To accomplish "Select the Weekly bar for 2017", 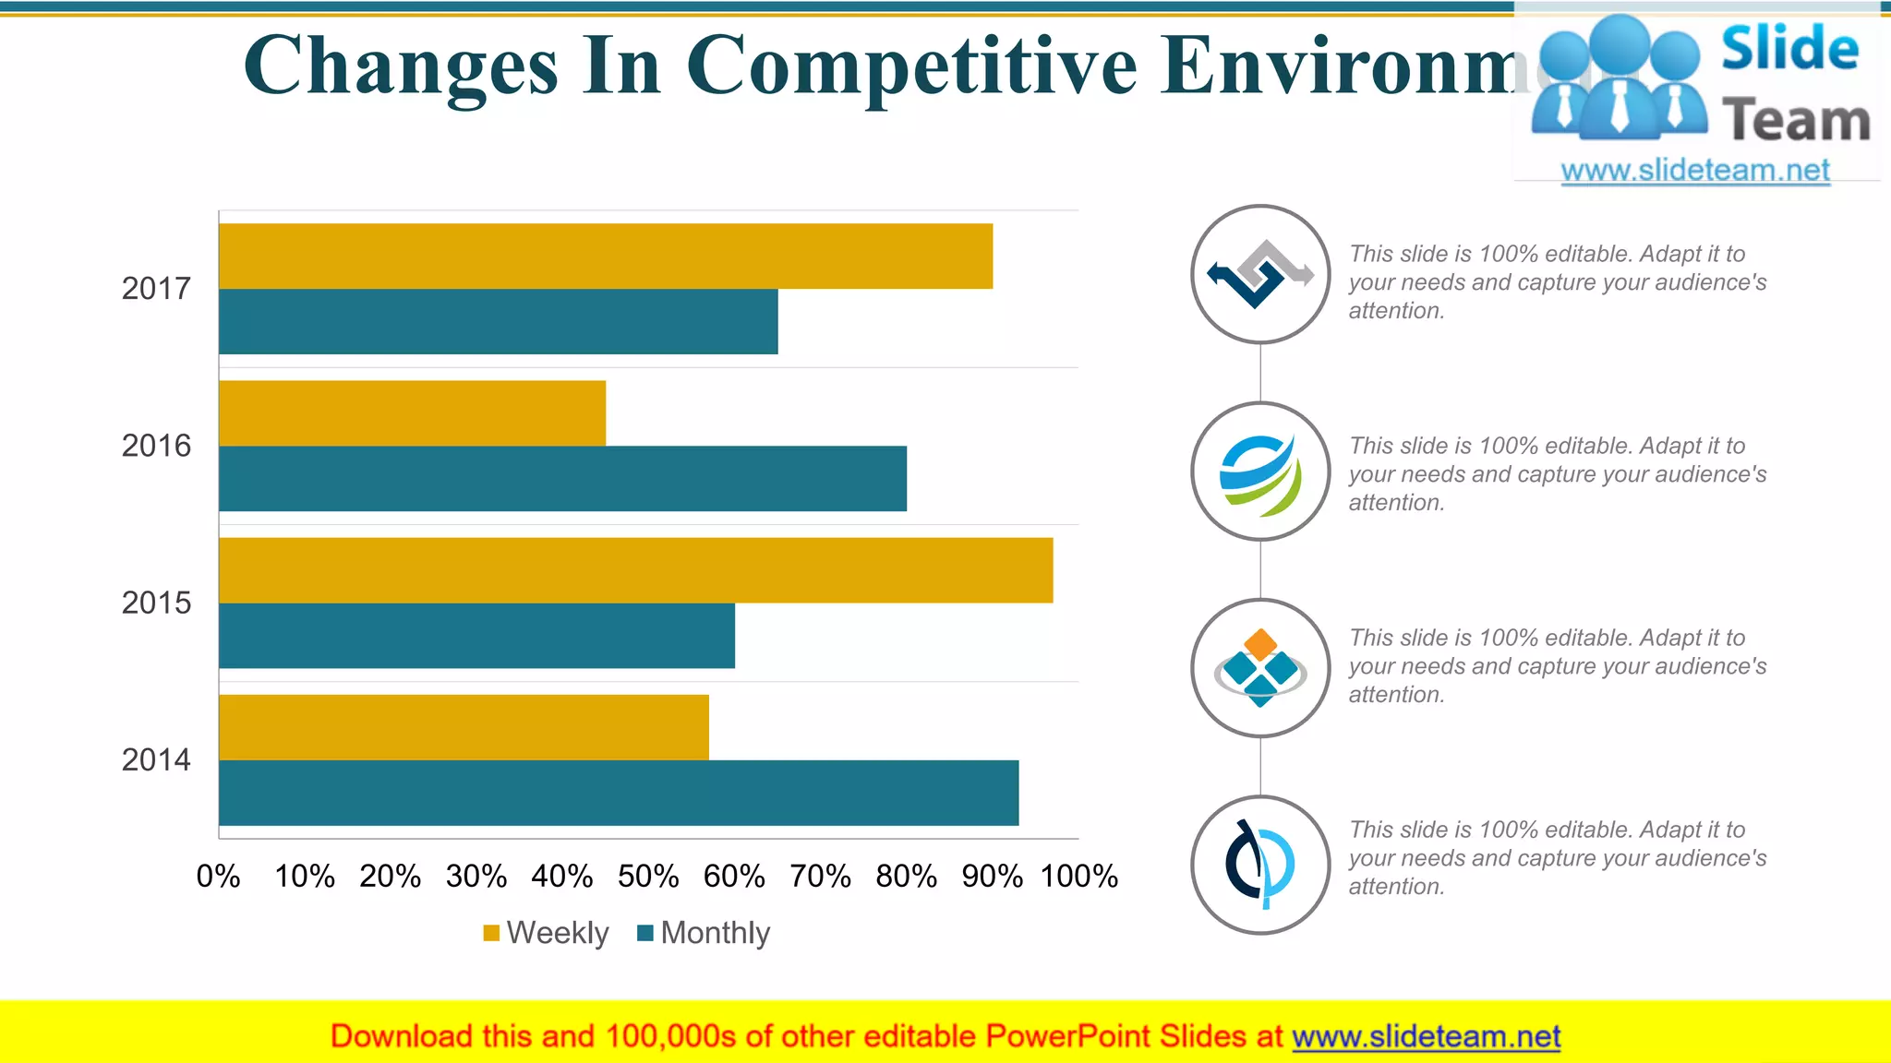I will tap(606, 257).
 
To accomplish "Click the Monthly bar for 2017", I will tap(499, 321).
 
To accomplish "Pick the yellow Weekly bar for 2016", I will tap(412, 413).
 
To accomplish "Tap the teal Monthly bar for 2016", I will tap(563, 478).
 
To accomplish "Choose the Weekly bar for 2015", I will tap(635, 570).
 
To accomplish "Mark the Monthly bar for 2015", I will tap(476, 636).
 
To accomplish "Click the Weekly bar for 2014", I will tap(464, 727).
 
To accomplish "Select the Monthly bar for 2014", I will tap(619, 793).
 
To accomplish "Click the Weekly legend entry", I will tap(546, 933).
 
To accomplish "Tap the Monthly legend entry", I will tap(704, 933).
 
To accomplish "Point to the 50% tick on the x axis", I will tap(648, 876).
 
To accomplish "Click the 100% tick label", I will tap(1078, 876).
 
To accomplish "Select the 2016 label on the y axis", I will tap(156, 446).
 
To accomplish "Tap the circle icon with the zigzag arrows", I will tap(1260, 274).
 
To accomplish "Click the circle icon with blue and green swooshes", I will tap(1260, 472).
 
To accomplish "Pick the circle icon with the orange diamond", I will tap(1260, 668).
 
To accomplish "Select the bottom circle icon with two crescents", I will tap(1260, 865).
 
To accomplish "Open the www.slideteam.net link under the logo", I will tap(1695, 171).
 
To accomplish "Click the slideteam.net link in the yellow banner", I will tap(1426, 1036).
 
